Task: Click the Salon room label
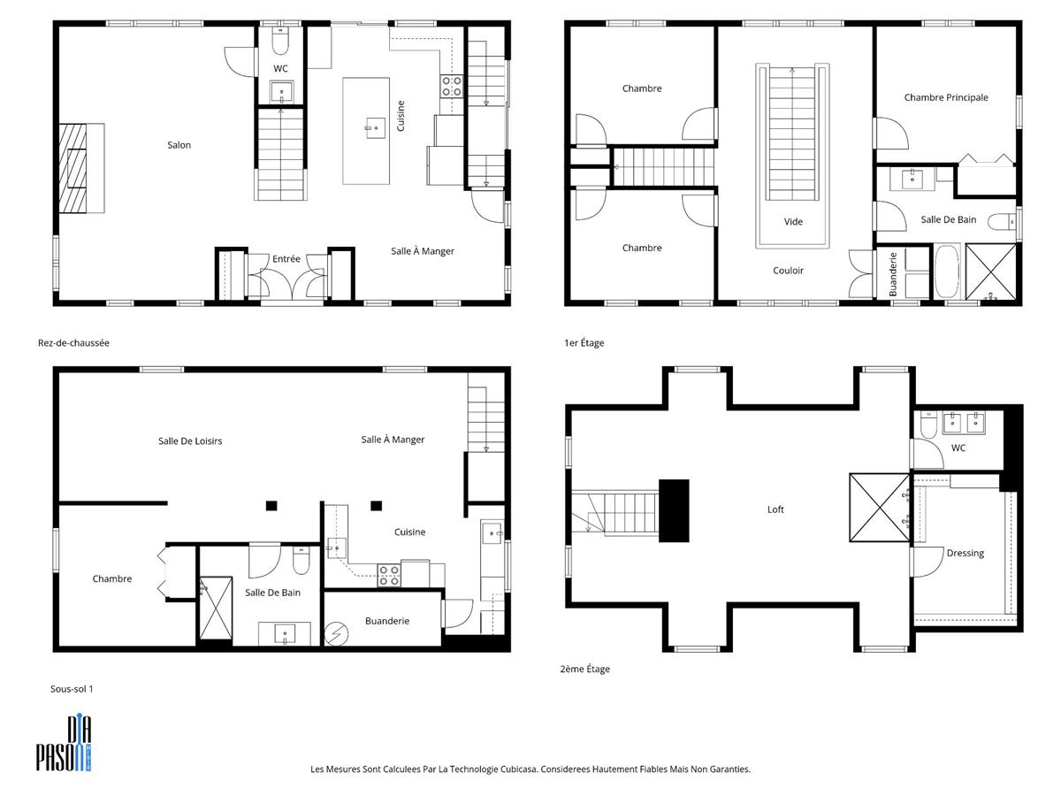click(179, 145)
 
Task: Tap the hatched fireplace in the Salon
click(73, 168)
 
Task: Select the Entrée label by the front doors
click(286, 259)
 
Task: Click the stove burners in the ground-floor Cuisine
click(452, 86)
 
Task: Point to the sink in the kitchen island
click(375, 128)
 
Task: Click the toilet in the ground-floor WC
click(280, 40)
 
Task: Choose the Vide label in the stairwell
click(793, 222)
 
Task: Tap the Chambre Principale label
click(946, 97)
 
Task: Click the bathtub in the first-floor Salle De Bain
click(946, 272)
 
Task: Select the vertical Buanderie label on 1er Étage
click(893, 274)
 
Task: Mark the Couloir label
click(788, 271)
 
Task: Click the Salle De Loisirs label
click(190, 441)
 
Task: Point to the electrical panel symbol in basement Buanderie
click(337, 634)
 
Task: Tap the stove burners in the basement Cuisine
click(389, 576)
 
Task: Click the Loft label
click(775, 509)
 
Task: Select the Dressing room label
click(965, 554)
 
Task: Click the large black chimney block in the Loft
click(674, 511)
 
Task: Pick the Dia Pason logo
click(64, 743)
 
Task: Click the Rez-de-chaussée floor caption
click(73, 343)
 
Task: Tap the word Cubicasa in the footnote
click(518, 769)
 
